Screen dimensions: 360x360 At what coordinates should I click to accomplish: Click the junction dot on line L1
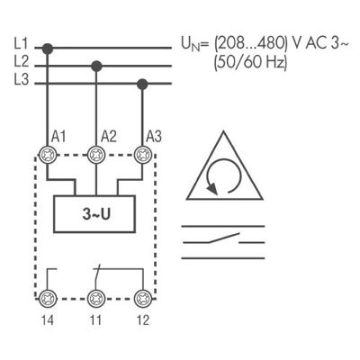(47, 47)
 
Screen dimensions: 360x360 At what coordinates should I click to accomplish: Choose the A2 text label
(109, 135)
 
